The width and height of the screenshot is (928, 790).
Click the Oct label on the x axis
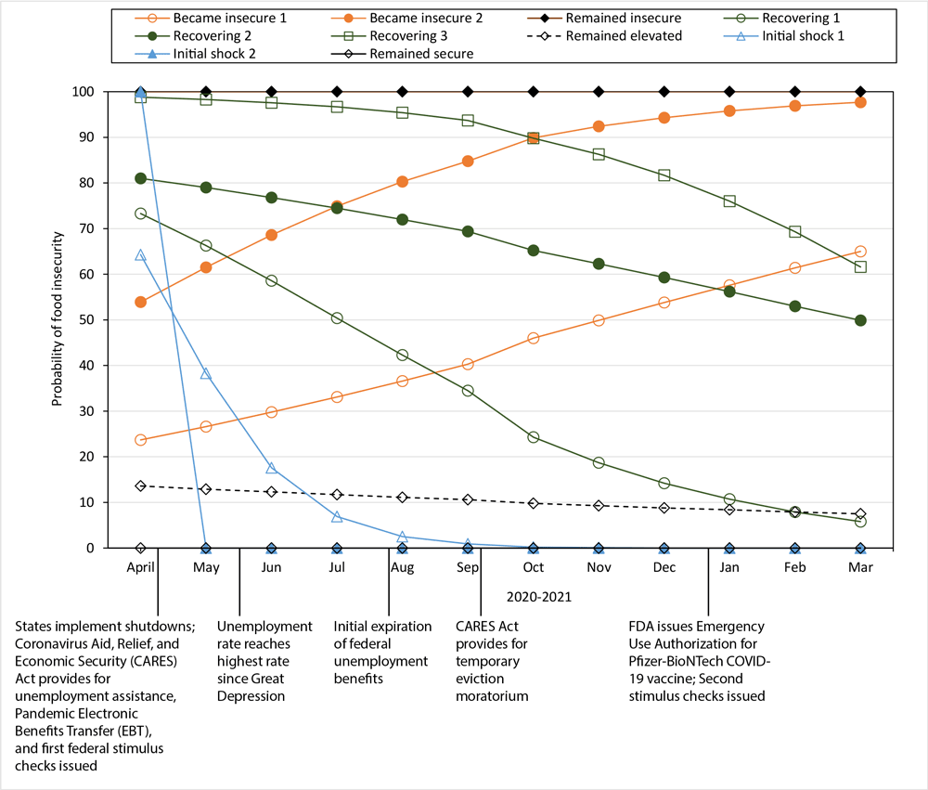533,566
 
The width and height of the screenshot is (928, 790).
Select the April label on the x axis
140,566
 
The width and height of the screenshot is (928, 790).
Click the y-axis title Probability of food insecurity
57,319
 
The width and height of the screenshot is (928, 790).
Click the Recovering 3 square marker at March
860,266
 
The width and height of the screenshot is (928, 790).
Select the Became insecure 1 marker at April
140,440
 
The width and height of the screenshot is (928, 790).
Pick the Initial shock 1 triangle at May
206,373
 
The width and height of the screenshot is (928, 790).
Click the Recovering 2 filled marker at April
140,178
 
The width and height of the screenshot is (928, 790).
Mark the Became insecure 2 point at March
860,102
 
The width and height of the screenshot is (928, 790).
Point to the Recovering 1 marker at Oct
533,437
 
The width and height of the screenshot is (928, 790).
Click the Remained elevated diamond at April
140,486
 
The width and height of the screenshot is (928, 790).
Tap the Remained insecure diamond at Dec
664,92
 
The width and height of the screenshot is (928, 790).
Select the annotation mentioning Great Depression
264,660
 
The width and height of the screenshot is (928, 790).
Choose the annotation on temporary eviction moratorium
493,660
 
